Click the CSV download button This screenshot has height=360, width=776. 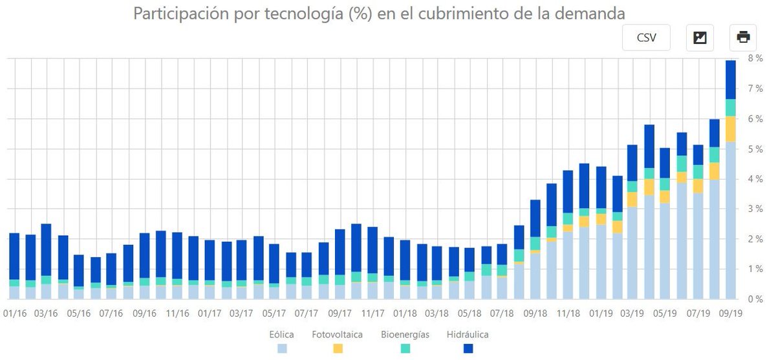646,37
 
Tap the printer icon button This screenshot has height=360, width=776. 743,37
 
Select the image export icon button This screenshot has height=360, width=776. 700,37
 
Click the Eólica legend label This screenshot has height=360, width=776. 282,335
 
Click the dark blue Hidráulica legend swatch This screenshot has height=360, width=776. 468,348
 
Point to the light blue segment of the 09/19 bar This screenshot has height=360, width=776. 730,220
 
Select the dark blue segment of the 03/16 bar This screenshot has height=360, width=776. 46,249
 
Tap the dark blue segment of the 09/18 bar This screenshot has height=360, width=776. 535,218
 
